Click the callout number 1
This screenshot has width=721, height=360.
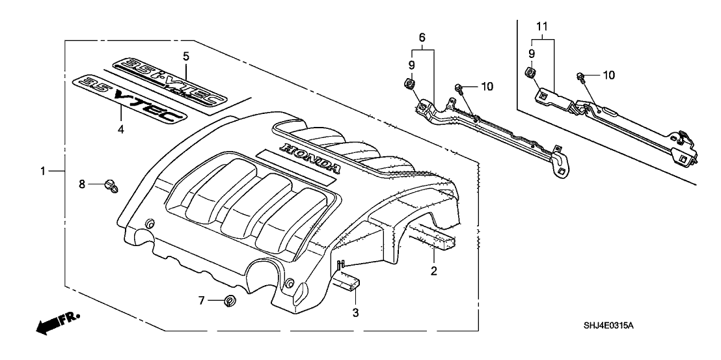click(43, 171)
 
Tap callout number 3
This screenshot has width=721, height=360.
click(355, 312)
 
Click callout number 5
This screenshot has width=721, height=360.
click(186, 56)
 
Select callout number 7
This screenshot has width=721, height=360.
click(202, 300)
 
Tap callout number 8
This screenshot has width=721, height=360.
click(82, 185)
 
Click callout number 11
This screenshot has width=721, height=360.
click(543, 28)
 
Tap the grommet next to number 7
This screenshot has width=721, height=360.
click(228, 301)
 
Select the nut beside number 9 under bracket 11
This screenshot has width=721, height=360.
click(530, 72)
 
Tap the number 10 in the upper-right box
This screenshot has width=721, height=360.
click(608, 76)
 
